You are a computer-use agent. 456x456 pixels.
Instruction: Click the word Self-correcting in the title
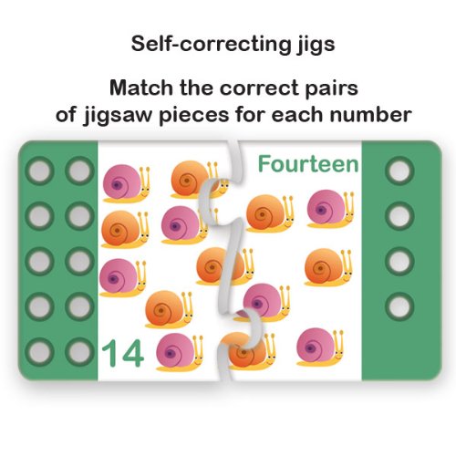[x=210, y=44]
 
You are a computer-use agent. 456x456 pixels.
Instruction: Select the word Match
[x=141, y=88]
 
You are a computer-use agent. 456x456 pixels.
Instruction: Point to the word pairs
[x=332, y=90]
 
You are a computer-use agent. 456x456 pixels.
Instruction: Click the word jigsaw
[x=117, y=117]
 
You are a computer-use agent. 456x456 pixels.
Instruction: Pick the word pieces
[x=193, y=117]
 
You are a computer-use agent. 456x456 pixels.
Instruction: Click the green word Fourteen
[x=308, y=164]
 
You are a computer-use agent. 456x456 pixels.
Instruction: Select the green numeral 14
[x=122, y=353]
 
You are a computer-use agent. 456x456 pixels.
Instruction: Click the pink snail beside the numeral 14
[x=180, y=352]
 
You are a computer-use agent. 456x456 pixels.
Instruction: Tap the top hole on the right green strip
[x=399, y=171]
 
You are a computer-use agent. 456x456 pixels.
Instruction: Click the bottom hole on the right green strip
[x=399, y=306]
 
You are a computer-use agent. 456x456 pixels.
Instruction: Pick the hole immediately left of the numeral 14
[x=79, y=352]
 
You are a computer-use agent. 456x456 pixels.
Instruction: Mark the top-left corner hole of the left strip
[x=40, y=171]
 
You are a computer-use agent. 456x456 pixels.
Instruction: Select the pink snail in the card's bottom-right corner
[x=320, y=347]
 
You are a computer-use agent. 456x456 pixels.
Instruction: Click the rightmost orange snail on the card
[x=328, y=267]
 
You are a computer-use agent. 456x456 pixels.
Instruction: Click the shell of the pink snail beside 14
[x=175, y=351]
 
